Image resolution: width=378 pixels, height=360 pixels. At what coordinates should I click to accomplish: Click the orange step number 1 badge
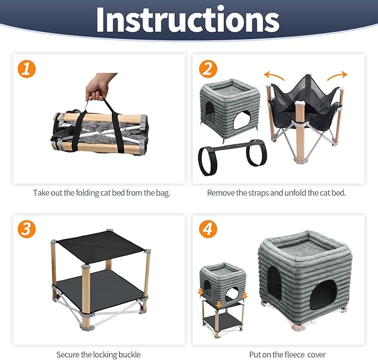coord(27,69)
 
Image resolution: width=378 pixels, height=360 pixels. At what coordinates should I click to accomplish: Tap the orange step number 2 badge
coord(208,69)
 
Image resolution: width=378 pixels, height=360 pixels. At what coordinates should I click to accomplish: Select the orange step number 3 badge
coord(27,229)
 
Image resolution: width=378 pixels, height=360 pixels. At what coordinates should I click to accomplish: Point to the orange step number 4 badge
coord(208,229)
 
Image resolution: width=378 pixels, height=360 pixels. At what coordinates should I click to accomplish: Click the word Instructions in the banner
coord(188,20)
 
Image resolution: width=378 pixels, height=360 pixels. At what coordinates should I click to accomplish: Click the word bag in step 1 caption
coord(163,193)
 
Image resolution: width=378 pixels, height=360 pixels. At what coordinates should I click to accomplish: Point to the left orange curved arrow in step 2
coord(274,76)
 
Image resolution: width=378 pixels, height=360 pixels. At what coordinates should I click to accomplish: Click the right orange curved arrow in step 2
coord(337,76)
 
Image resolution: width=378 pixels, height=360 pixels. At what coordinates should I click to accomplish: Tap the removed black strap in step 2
coord(232,156)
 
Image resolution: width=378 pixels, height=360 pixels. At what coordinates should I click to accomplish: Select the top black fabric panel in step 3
coord(101,246)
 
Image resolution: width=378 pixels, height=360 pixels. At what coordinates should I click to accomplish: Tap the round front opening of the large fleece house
coord(323,295)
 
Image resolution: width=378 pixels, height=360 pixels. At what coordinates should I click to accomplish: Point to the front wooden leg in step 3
coord(86,297)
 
